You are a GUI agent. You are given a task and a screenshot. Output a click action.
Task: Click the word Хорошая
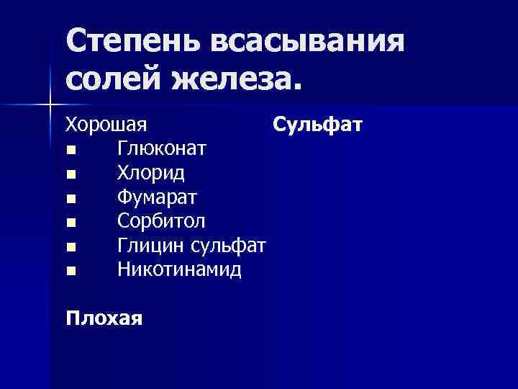pos(106,125)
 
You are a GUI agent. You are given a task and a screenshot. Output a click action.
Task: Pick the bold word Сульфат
pos(317,125)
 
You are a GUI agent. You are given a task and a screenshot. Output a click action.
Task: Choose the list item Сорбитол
pos(160,222)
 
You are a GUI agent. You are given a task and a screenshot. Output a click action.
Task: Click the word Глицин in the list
pos(151,246)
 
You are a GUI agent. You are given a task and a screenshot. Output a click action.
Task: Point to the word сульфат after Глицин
pos(229,246)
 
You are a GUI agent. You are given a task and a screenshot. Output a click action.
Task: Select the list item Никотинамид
pos(179,270)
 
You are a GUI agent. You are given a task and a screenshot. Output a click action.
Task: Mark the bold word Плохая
pos(104,318)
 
